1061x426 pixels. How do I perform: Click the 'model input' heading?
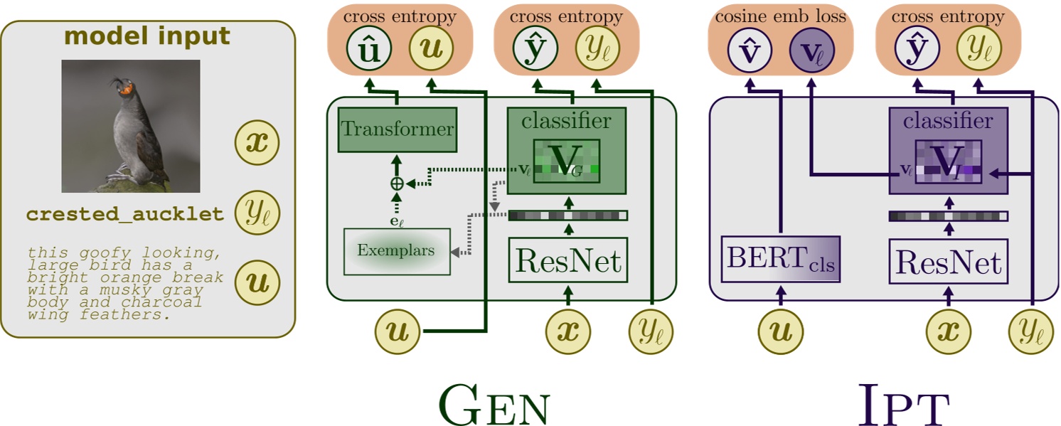147,37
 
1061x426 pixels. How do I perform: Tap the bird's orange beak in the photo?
126,90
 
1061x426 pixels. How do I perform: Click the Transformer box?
397,129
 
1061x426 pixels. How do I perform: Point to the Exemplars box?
397,251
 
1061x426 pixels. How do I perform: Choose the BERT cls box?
780,260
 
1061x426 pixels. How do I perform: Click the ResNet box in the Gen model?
567,261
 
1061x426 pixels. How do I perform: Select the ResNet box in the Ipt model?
948,262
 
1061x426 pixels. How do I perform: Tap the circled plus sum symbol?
397,183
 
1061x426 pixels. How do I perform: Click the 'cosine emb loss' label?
780,16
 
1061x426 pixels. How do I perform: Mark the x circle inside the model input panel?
257,143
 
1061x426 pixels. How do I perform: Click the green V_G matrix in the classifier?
567,161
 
